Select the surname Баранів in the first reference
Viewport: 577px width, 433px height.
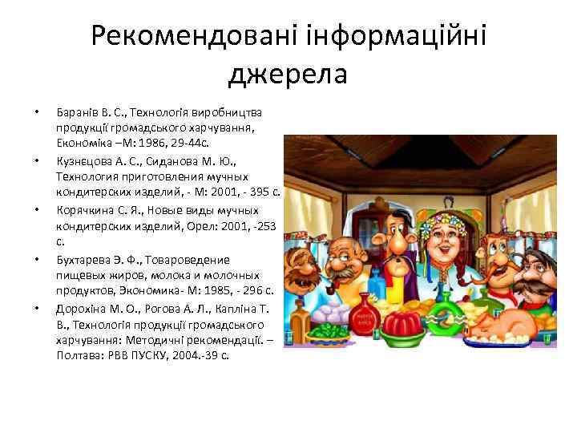point(75,111)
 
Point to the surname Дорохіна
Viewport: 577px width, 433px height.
point(82,308)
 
